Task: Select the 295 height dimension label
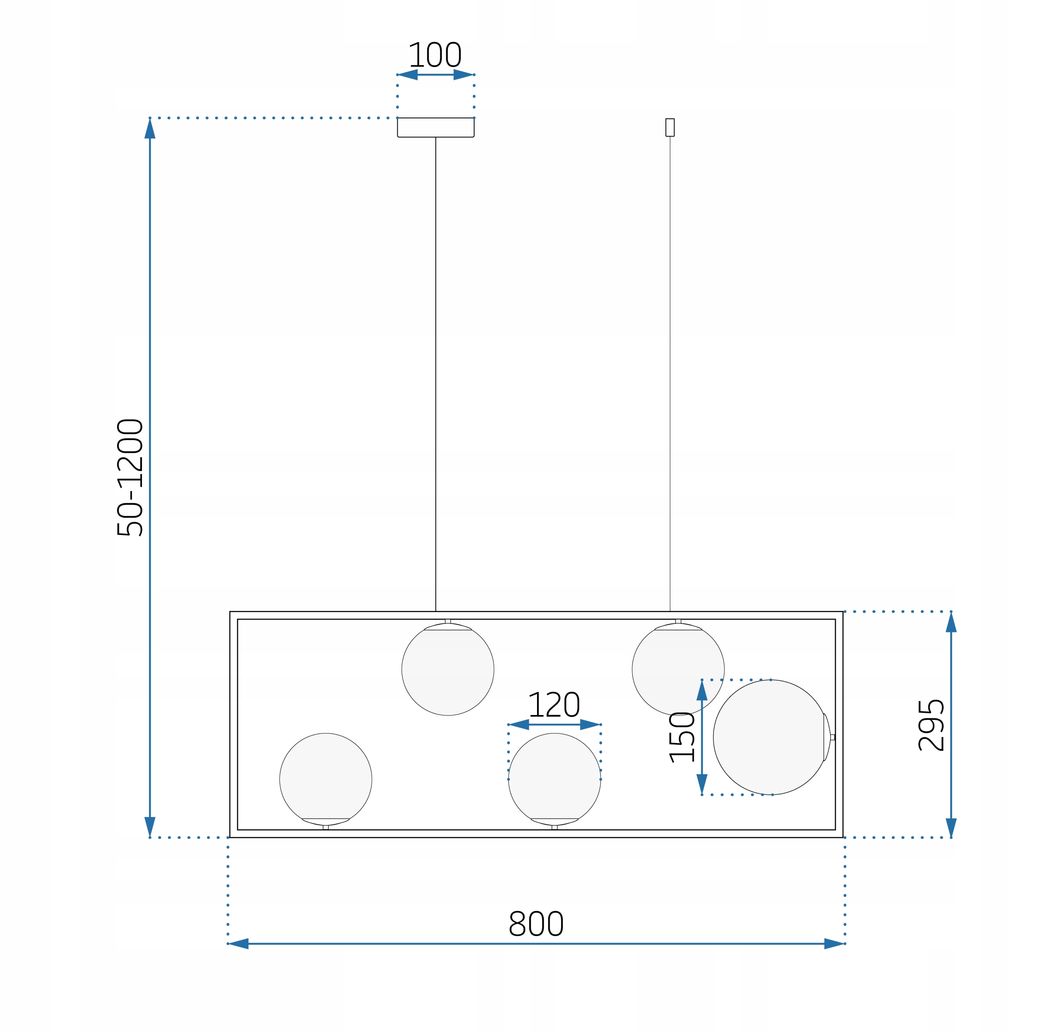pos(931,725)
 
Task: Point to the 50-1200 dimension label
pos(130,478)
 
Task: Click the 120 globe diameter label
pos(554,705)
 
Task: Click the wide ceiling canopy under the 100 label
pos(436,127)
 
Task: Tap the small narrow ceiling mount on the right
pos(670,127)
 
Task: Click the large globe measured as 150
pos(770,737)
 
